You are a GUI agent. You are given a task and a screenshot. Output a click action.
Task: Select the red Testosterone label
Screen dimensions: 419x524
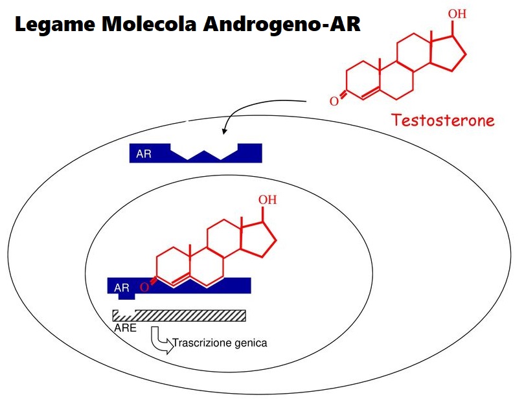442,120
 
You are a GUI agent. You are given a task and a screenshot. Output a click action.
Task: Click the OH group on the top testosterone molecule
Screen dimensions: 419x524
457,14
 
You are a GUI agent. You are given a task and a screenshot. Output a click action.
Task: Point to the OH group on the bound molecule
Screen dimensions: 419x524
268,199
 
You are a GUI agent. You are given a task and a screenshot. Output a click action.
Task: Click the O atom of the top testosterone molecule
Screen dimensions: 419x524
334,101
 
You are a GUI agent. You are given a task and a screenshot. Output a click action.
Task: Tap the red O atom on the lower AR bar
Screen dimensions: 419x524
144,288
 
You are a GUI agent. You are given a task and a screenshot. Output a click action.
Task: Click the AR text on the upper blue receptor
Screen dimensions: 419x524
143,154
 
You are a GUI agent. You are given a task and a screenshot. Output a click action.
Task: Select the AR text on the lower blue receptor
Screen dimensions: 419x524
122,288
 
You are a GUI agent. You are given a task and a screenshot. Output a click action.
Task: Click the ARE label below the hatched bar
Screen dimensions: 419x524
125,328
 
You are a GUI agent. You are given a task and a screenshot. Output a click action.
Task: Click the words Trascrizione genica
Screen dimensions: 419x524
220,343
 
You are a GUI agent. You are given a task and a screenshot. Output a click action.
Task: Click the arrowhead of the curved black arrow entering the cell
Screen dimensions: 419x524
224,131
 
